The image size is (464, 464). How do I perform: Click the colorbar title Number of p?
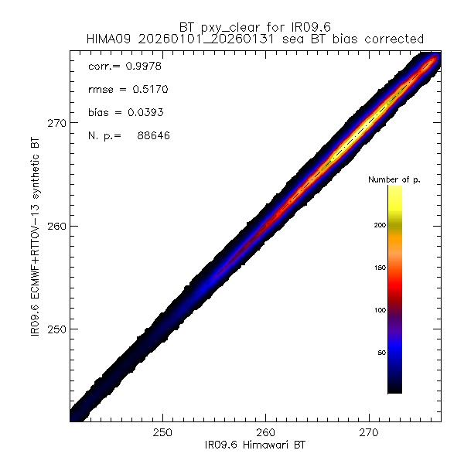pos(395,179)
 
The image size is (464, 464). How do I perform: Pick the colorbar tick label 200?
pos(378,225)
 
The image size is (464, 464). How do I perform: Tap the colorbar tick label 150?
pos(378,268)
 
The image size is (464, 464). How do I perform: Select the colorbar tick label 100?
pos(378,310)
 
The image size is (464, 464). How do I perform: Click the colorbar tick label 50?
pos(380,353)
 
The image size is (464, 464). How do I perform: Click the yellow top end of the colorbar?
pos(394,189)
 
